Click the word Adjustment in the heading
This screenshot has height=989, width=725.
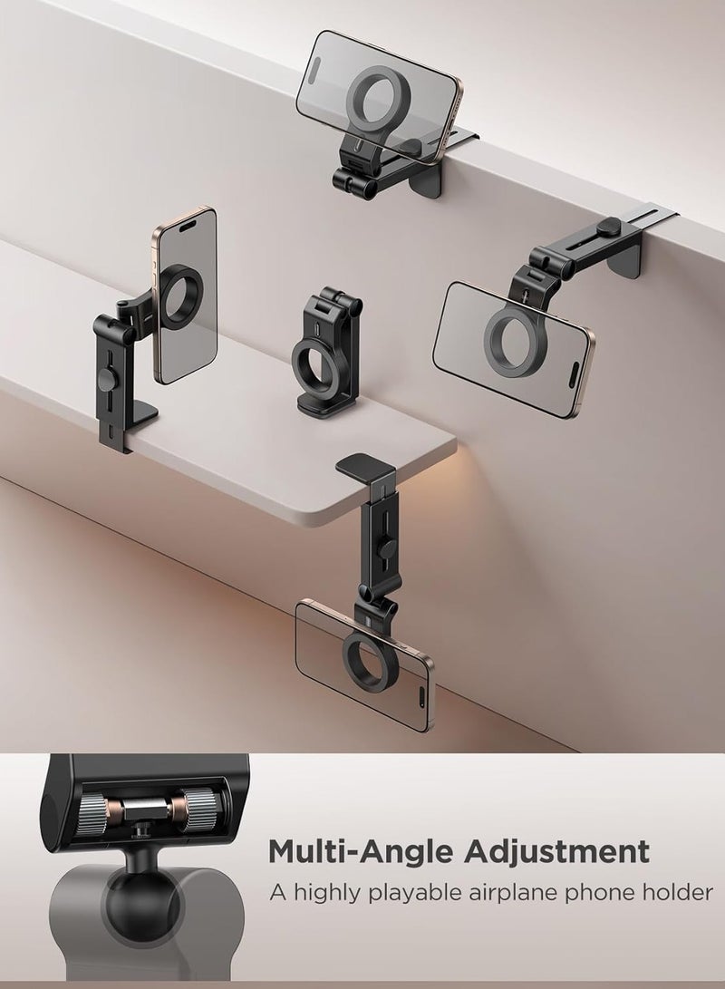pyautogui.click(x=556, y=851)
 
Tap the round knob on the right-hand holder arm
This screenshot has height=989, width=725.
pyautogui.click(x=605, y=227)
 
